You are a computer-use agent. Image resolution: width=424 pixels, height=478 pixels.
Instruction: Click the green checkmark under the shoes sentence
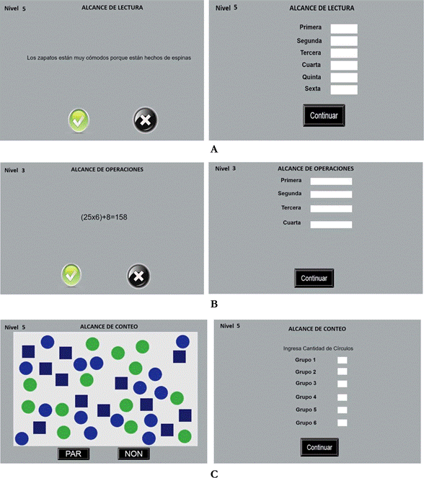pyautogui.click(x=79, y=121)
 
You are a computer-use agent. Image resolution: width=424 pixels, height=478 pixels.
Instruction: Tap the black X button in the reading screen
pyautogui.click(x=146, y=119)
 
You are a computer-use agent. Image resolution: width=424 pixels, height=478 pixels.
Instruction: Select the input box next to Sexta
pyautogui.click(x=344, y=89)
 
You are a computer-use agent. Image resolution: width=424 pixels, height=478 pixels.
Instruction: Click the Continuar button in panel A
pyautogui.click(x=324, y=115)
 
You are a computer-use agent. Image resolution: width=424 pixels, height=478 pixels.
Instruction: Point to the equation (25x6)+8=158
pyautogui.click(x=104, y=217)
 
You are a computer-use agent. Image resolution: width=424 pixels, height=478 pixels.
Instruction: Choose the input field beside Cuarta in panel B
pyautogui.click(x=331, y=225)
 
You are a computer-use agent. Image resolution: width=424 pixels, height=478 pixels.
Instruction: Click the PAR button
pyautogui.click(x=74, y=454)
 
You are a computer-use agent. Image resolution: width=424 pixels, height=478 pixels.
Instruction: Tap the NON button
pyautogui.click(x=133, y=454)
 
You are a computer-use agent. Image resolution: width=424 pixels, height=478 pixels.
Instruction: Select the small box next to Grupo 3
pyautogui.click(x=343, y=384)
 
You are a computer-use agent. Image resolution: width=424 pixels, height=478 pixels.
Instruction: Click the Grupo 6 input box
pyautogui.click(x=343, y=423)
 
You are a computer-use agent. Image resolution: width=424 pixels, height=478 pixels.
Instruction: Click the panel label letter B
pyautogui.click(x=214, y=304)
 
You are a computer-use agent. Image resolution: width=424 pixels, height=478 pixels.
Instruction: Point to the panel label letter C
pyautogui.click(x=214, y=474)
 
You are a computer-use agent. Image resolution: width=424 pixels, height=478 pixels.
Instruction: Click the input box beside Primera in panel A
pyautogui.click(x=344, y=29)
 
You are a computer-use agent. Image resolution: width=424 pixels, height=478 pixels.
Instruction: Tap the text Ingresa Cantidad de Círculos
pyautogui.click(x=318, y=348)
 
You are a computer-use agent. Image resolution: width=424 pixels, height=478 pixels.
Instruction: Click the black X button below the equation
pyautogui.click(x=138, y=276)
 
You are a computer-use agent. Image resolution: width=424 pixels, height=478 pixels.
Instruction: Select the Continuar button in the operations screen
pyautogui.click(x=314, y=278)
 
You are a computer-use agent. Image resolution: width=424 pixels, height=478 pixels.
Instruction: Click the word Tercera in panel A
pyautogui.click(x=311, y=53)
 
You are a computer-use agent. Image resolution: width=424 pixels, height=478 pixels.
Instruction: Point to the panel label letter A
pyautogui.click(x=214, y=149)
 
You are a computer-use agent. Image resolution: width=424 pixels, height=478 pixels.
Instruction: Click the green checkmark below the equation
pyautogui.click(x=71, y=275)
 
